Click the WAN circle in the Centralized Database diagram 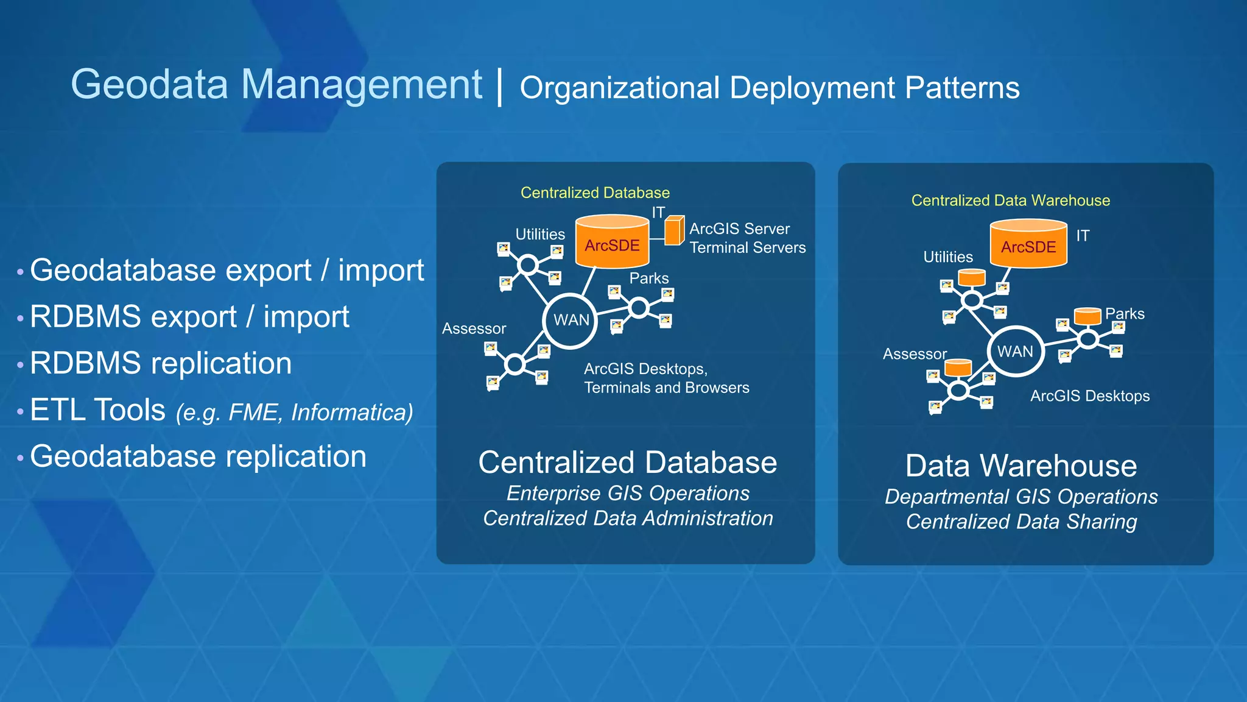click(x=571, y=321)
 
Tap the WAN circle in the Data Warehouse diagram click(x=1015, y=352)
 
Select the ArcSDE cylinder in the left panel click(x=612, y=242)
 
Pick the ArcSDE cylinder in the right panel click(x=1028, y=244)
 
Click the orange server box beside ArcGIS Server click(x=674, y=231)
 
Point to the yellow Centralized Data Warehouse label click(x=1010, y=200)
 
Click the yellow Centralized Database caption click(x=595, y=193)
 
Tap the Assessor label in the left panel click(x=474, y=328)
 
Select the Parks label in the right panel click(x=1125, y=314)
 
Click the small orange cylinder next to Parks click(x=1087, y=316)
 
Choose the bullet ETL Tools click(x=97, y=410)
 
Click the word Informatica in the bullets click(x=351, y=413)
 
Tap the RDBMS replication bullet click(x=161, y=363)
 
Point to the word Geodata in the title click(x=149, y=84)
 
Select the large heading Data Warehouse click(x=1021, y=466)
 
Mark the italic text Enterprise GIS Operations click(x=628, y=493)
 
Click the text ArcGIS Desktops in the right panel click(x=1089, y=396)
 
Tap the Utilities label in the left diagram click(x=540, y=234)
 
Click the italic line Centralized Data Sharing click(x=1021, y=522)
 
